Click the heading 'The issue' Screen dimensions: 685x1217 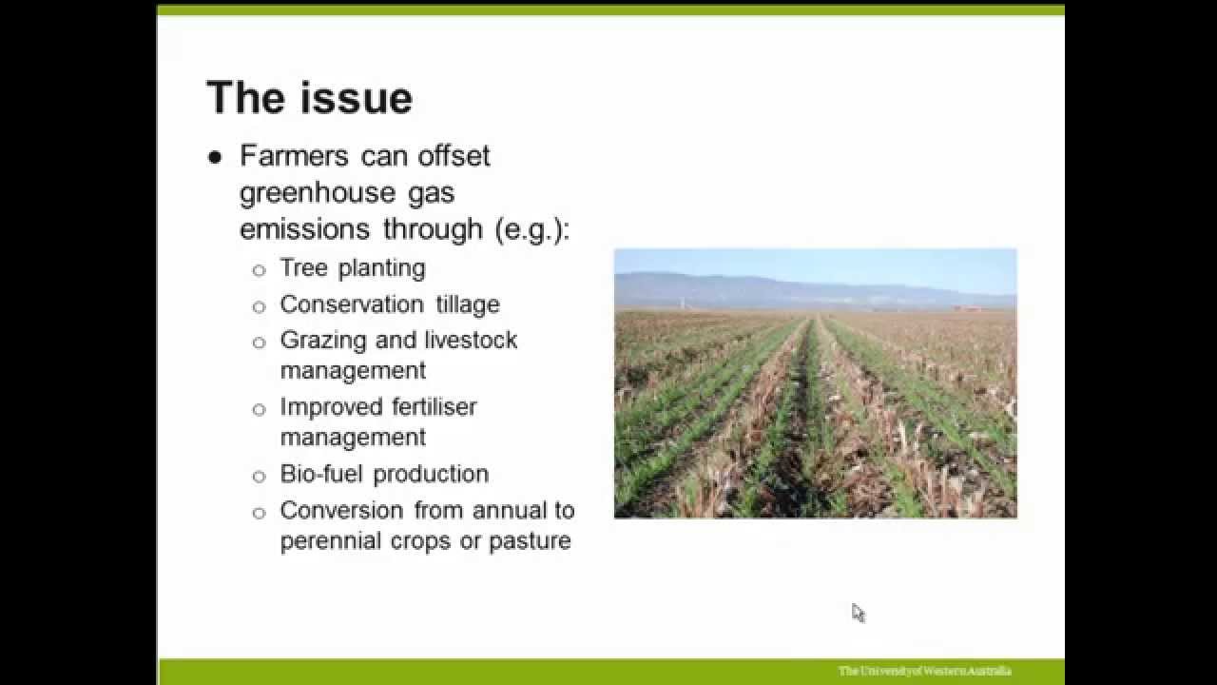click(x=309, y=98)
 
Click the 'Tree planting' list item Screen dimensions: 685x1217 click(x=352, y=268)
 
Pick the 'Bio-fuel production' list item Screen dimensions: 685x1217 click(x=384, y=474)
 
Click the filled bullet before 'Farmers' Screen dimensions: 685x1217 click(x=215, y=157)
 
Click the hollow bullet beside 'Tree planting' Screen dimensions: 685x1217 click(x=259, y=270)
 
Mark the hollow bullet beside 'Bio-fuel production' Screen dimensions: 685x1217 click(x=259, y=476)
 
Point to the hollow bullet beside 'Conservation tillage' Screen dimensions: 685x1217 click(x=259, y=306)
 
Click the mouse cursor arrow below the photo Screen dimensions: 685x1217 click(x=857, y=611)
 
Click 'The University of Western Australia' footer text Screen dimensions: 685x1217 click(x=924, y=671)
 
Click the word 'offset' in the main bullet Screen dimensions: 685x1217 click(x=453, y=155)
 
